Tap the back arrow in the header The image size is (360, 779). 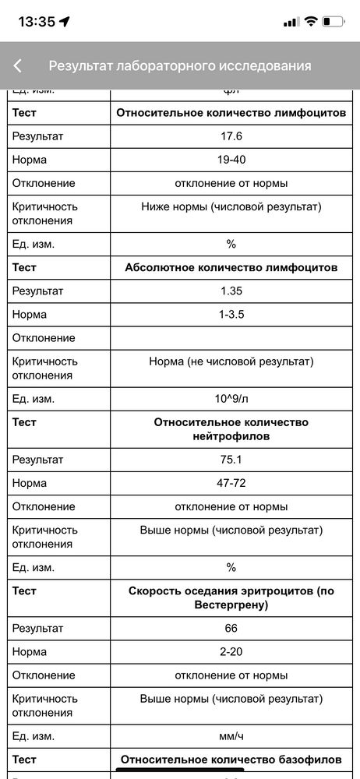(18, 66)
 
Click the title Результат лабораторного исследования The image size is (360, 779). (180, 66)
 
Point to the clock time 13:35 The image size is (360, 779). (37, 22)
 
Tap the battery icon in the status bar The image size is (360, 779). (334, 22)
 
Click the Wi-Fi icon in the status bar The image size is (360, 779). (311, 22)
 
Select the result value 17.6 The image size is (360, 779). (231, 136)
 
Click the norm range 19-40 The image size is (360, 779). (231, 160)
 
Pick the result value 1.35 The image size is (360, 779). (231, 291)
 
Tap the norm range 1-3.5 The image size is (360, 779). (231, 315)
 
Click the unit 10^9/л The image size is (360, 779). (231, 399)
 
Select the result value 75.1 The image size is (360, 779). (231, 460)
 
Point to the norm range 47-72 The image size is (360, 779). (231, 483)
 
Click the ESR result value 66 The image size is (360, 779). (231, 628)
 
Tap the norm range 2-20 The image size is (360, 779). (231, 651)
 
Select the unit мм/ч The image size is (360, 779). (231, 735)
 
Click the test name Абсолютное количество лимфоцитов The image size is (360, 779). (231, 268)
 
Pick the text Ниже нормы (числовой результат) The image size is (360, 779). (231, 206)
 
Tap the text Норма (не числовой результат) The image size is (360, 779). (231, 361)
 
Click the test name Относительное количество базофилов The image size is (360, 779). (231, 759)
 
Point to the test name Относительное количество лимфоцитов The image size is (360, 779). (231, 113)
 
